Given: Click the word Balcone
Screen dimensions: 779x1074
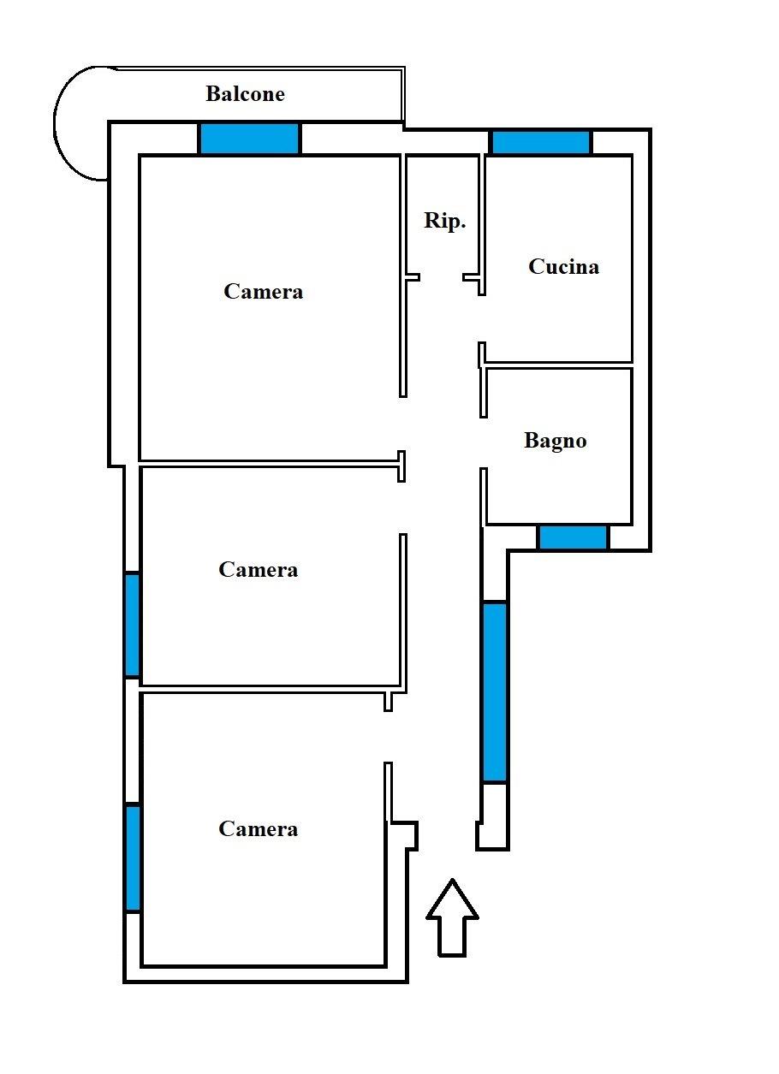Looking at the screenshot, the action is pos(245,94).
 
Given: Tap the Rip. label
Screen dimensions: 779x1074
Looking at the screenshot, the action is pos(444,221).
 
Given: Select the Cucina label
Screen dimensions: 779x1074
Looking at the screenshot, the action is pos(563,267).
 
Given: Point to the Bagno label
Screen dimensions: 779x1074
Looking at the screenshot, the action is pos(555,441).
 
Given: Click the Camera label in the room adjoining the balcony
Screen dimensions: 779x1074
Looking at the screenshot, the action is pos(264,292).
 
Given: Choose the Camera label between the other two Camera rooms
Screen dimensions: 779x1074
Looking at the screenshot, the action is pos(258,570).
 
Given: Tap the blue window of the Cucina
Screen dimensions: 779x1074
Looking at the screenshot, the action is pos(541,142).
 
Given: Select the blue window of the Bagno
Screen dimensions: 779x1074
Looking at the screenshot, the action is pos(573,537).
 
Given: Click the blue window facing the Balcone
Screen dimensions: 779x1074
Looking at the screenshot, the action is pos(249,139).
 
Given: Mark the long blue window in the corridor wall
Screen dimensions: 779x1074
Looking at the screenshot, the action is pos(495,692).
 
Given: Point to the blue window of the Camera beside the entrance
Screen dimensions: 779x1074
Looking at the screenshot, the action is pos(133,857).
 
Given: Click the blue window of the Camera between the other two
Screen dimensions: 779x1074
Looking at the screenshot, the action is pos(132,624).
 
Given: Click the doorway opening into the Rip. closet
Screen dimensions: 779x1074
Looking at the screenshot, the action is pos(442,277).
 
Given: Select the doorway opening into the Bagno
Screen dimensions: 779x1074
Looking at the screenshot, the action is pos(484,442).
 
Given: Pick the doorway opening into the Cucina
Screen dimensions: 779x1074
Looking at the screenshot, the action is pos(482,318).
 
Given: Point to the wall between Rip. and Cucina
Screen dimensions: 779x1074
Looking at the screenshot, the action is pos(482,224).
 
